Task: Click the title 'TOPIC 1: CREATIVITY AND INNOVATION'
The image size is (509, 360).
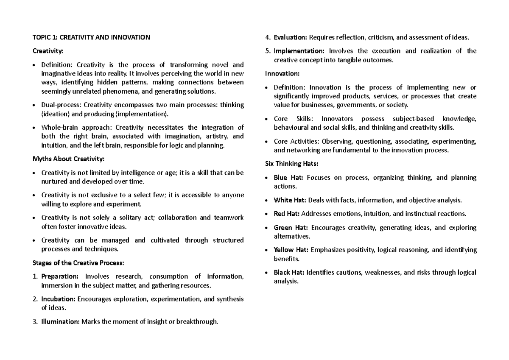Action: click(91, 37)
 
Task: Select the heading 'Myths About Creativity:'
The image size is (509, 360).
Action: click(68, 159)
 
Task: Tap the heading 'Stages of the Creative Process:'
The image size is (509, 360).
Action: click(78, 263)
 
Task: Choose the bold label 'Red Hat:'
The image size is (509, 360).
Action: click(287, 214)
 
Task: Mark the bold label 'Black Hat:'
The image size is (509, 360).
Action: click(289, 272)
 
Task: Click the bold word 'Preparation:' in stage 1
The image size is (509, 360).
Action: click(60, 277)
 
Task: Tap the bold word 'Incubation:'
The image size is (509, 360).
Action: click(59, 299)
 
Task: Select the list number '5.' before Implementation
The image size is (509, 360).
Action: click(268, 51)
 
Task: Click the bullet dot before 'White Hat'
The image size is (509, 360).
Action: click(266, 200)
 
